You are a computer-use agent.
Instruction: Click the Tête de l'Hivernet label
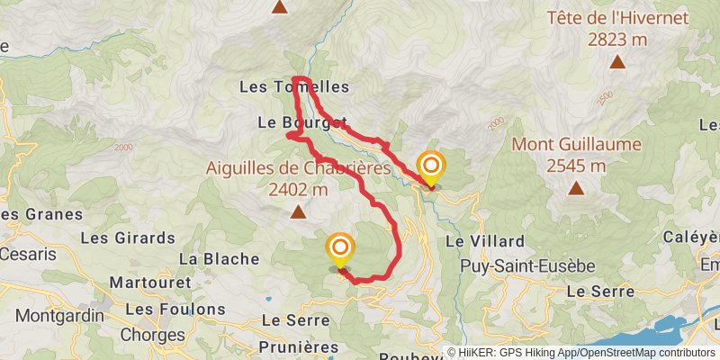617,18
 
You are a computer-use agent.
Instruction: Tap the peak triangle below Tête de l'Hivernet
617,62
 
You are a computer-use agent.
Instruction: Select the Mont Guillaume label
576,144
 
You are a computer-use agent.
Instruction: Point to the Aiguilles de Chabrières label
298,167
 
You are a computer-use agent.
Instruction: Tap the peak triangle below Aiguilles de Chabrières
298,211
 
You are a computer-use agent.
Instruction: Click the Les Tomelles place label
294,87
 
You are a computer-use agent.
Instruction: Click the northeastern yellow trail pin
432,166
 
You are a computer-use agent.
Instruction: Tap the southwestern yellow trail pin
340,248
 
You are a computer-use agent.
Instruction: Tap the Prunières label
297,346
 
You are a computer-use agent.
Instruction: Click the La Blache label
220,258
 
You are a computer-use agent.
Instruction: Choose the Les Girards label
128,238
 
